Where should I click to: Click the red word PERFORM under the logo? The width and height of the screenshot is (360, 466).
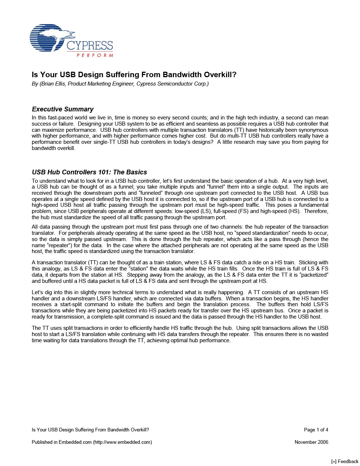[95, 55]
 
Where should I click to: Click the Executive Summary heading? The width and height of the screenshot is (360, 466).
[63, 109]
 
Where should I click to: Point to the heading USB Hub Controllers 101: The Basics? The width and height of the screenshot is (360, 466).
[89, 172]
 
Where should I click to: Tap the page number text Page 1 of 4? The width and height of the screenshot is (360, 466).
[316, 430]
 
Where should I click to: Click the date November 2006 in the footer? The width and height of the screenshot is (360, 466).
[311, 442]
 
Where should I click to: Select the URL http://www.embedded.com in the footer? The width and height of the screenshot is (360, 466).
[123, 442]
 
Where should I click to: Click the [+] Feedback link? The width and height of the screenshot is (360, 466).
[345, 461]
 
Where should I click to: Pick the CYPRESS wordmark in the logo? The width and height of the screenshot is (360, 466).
[90, 46]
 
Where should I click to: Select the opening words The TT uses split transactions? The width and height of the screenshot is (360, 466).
[69, 328]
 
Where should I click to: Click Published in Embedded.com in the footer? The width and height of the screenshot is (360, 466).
[62, 442]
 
